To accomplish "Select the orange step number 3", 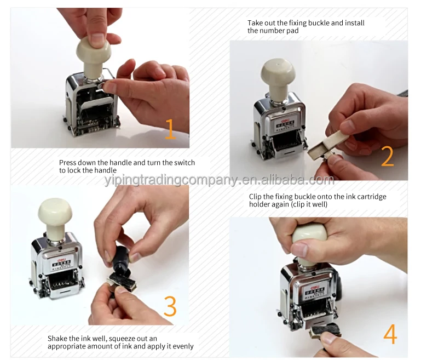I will pos(170,306).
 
